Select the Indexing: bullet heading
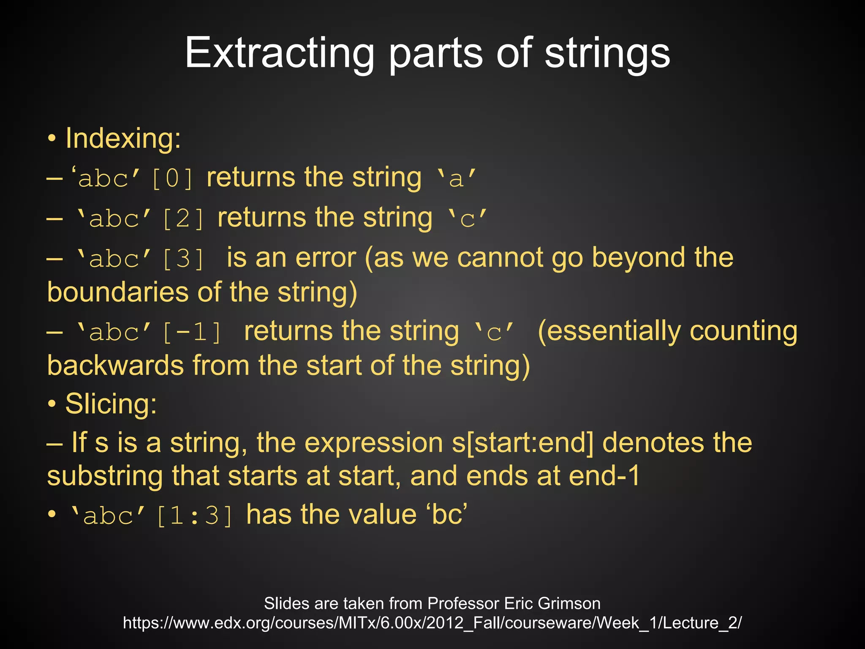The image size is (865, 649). coord(123,138)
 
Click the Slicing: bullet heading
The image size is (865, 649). coord(111,404)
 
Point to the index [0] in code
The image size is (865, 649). coord(172,178)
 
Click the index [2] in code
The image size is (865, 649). coord(183,218)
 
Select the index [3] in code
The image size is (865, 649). coord(183,259)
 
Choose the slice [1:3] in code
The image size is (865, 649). coord(194,516)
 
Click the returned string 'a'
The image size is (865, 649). coord(456,178)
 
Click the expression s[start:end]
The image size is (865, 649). coord(523,442)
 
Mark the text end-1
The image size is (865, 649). coord(604,476)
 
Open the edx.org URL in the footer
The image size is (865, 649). coord(432,623)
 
